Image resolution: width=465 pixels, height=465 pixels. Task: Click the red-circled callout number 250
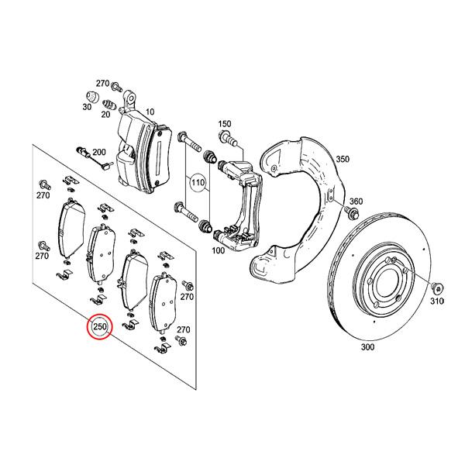[100, 327]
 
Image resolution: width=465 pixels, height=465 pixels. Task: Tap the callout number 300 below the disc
[367, 347]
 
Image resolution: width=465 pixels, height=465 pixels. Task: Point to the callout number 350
[343, 160]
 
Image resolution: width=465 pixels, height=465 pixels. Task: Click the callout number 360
[356, 201]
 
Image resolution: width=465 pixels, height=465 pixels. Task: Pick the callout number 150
[225, 124]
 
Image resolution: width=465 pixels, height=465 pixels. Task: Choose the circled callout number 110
[196, 184]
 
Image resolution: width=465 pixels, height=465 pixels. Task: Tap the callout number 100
[217, 251]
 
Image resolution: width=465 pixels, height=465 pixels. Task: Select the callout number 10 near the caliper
[150, 112]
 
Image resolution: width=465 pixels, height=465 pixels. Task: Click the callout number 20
[105, 113]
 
